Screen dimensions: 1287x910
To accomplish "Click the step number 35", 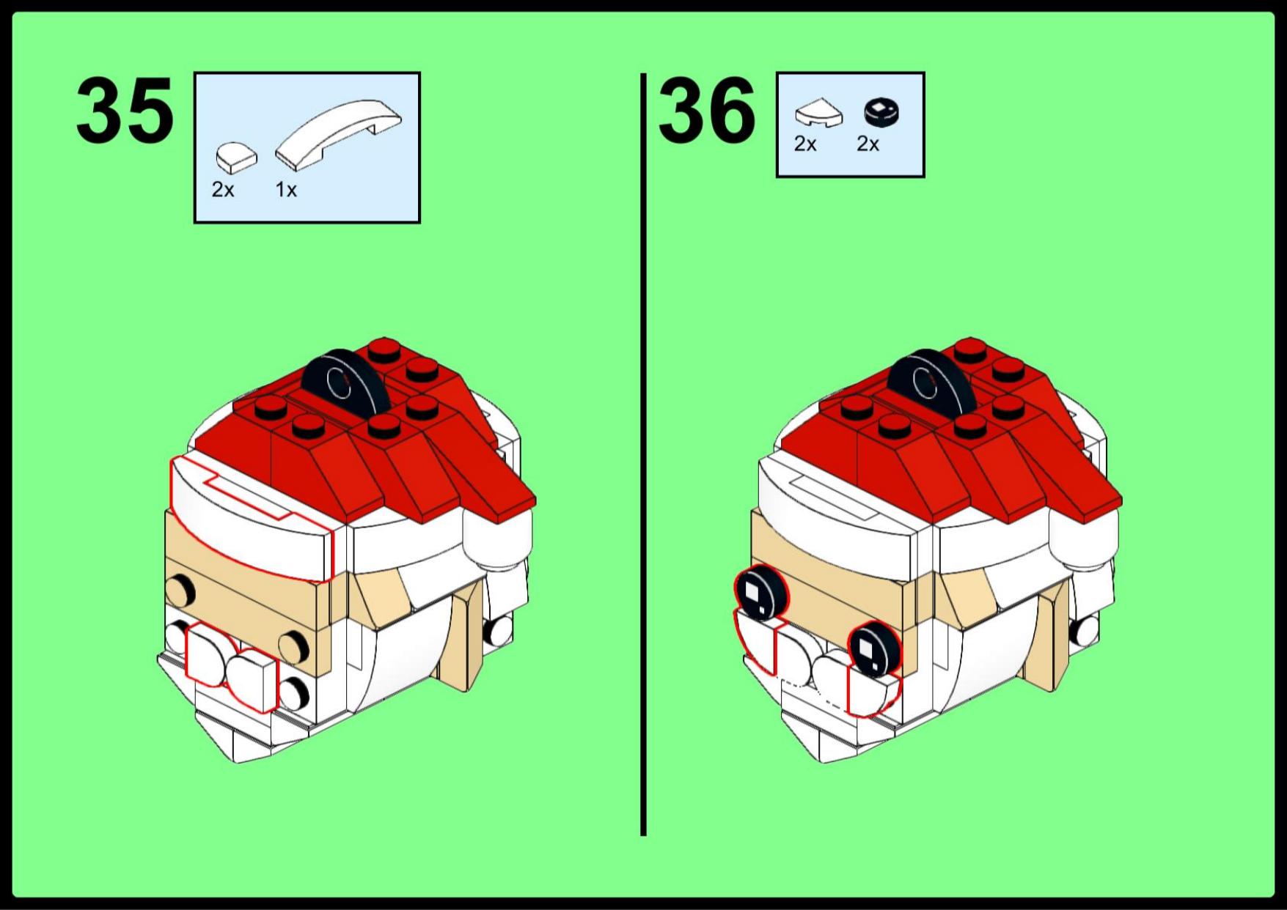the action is (125, 111).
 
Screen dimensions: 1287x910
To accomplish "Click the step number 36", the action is (707, 111).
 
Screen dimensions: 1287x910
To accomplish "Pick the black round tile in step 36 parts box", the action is (882, 114).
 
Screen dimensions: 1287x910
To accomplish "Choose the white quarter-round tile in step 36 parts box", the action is (819, 114).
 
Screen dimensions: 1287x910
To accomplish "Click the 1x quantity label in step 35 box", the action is (286, 190).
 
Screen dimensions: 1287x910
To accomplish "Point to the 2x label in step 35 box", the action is (223, 190).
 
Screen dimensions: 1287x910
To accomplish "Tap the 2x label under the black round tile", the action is (868, 144).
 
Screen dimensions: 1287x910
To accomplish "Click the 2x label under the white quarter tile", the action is (805, 144).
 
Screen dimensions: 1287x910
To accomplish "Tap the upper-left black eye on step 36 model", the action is (760, 593).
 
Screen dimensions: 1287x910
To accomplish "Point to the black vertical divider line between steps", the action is (643, 454).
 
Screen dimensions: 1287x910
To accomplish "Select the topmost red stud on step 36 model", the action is (970, 349).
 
